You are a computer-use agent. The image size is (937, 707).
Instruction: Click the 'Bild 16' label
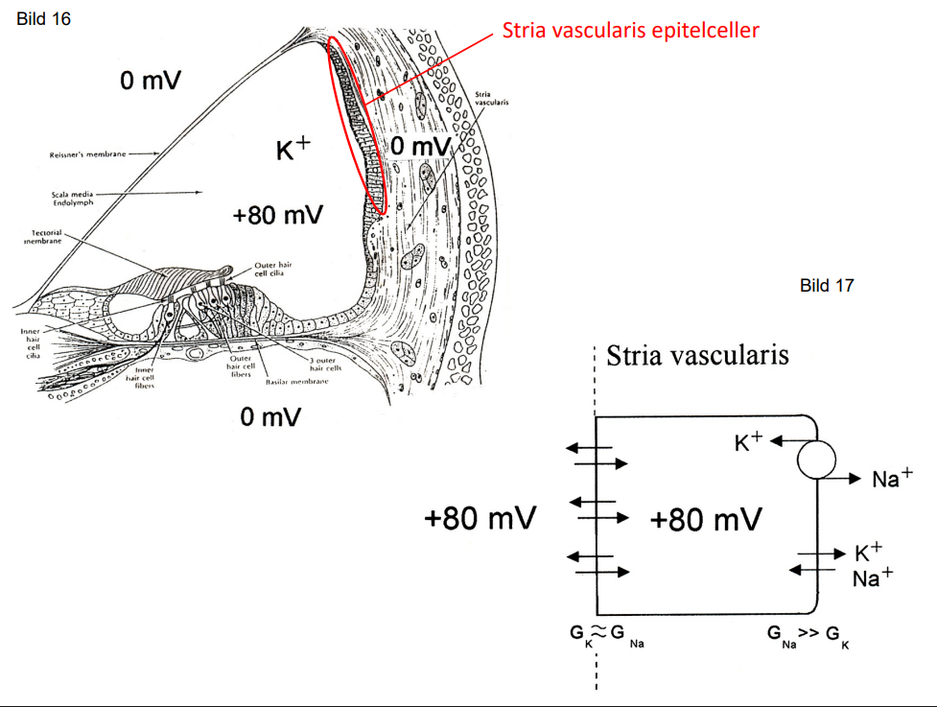[44, 19]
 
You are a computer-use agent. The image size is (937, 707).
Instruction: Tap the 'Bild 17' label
[826, 285]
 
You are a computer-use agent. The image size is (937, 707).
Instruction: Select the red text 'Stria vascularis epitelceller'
[630, 31]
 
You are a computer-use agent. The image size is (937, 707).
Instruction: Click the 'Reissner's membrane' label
[87, 153]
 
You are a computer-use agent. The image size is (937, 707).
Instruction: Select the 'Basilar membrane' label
[297, 381]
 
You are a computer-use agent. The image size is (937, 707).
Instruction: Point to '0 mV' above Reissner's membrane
[151, 81]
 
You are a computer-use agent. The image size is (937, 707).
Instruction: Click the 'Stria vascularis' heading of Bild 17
[697, 355]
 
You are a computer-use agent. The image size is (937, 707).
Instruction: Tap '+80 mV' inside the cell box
[705, 520]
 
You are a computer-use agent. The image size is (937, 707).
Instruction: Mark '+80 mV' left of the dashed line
[480, 519]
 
